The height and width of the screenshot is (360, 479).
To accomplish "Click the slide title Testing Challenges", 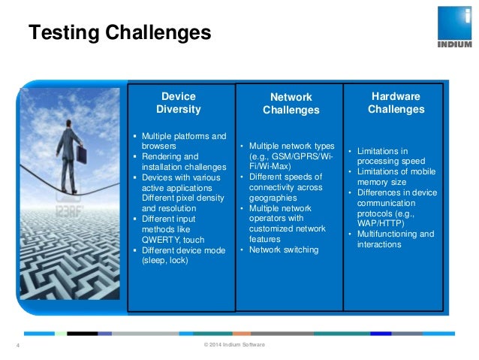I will (119, 33).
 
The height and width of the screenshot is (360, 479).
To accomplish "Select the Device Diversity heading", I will (179, 103).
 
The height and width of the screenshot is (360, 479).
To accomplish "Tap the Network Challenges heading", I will (291, 104).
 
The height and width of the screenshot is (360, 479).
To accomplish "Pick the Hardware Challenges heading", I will (396, 103).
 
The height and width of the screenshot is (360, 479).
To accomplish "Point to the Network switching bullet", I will (284, 250).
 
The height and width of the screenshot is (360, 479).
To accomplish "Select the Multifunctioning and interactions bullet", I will (396, 239).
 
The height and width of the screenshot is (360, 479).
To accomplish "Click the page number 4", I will (17, 346).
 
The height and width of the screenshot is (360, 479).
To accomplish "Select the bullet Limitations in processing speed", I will (392, 156).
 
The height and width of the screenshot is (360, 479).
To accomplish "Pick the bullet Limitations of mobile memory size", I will (395, 176).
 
